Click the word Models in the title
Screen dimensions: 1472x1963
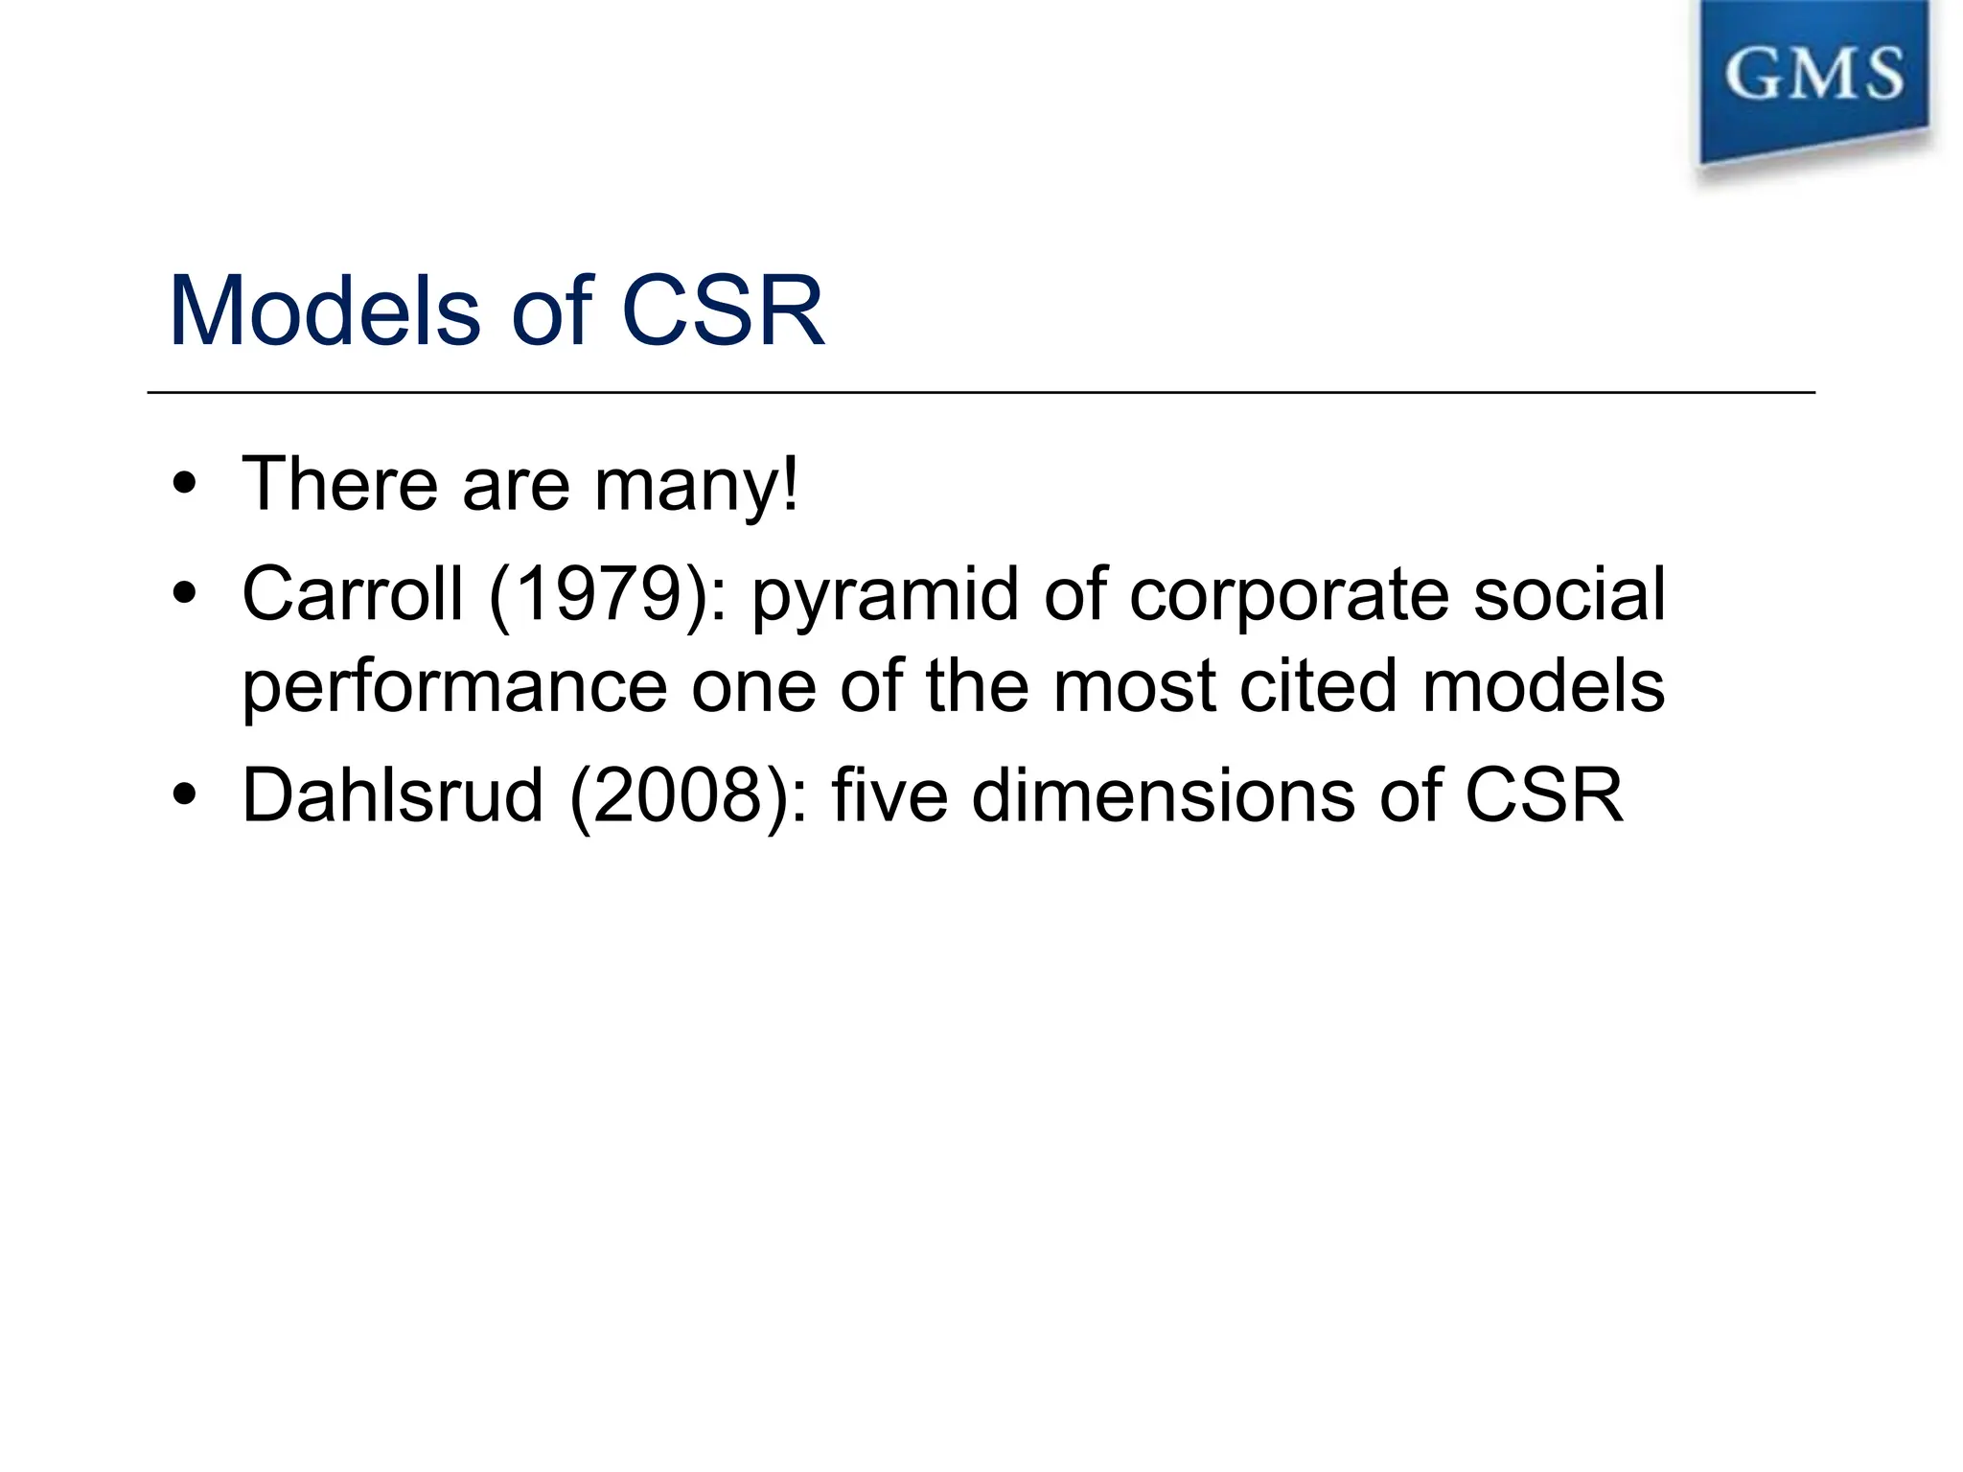[324, 310]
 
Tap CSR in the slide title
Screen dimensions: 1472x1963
[723, 310]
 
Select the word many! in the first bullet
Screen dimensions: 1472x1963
[696, 484]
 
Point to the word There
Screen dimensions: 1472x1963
[340, 484]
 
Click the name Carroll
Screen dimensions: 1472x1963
[352, 594]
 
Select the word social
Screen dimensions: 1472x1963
[1569, 594]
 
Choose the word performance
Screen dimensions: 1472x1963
[454, 687]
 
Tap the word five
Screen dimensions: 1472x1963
[889, 794]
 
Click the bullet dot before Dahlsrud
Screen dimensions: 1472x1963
[185, 794]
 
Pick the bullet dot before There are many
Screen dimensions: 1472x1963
[185, 484]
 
